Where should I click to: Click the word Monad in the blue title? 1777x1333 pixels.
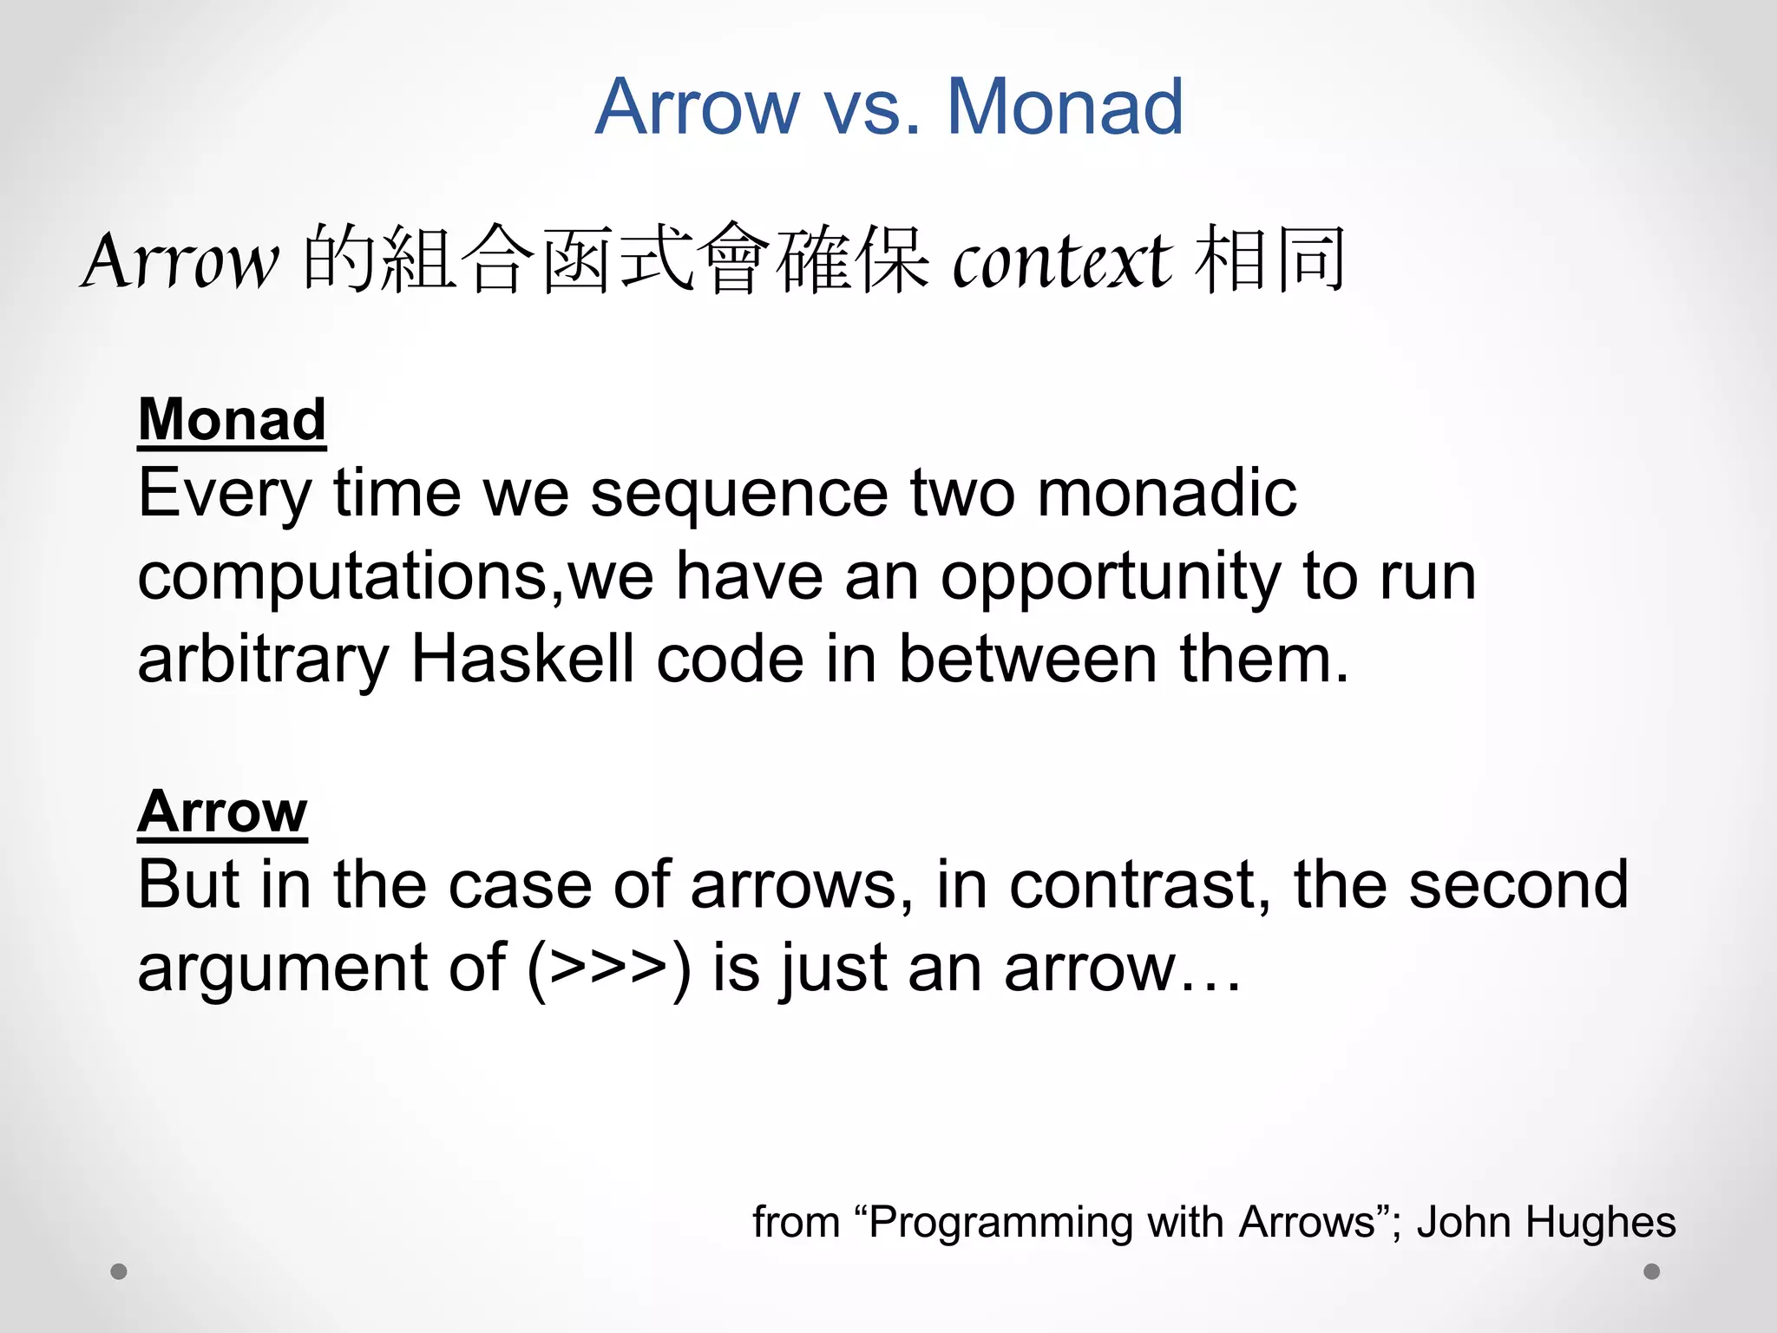(x=1065, y=107)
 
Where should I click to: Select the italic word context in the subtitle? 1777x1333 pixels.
(x=1062, y=260)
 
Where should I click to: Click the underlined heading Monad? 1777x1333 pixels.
(x=232, y=419)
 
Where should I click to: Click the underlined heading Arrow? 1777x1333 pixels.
(x=222, y=811)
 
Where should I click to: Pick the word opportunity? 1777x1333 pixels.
(x=1111, y=577)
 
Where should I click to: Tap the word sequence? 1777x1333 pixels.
(x=738, y=494)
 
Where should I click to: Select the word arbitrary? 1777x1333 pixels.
(x=263, y=660)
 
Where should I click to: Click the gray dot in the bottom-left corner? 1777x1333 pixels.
(x=119, y=1271)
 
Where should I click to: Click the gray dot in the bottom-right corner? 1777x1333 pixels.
(x=1652, y=1271)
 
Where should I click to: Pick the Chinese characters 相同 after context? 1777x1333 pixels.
(x=1269, y=259)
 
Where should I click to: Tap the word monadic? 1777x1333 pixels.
(x=1166, y=494)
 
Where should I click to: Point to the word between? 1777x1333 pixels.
(x=1027, y=659)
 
